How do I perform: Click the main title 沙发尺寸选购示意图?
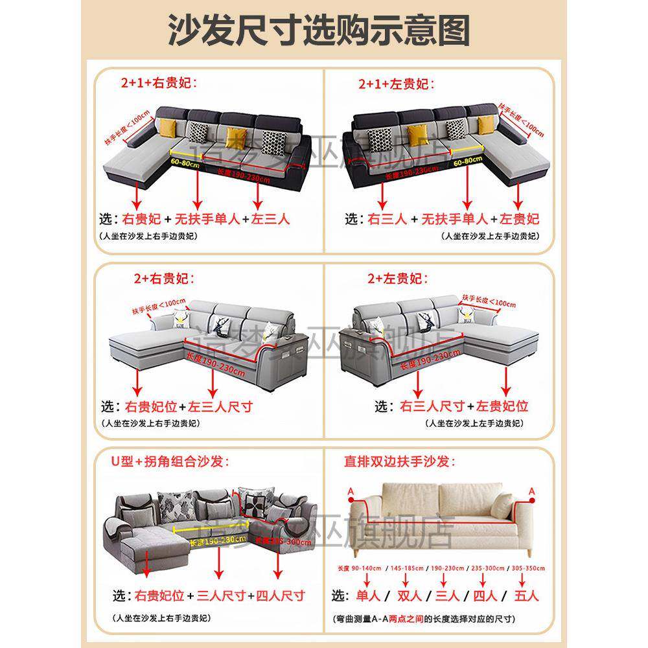pyautogui.click(x=319, y=31)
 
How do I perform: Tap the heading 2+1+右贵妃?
pyautogui.click(x=157, y=82)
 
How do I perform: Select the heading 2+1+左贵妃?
pyautogui.click(x=396, y=84)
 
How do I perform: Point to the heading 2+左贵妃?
pyautogui.click(x=397, y=279)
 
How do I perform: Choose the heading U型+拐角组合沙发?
pyautogui.click(x=170, y=462)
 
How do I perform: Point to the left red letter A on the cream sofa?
pyautogui.click(x=351, y=492)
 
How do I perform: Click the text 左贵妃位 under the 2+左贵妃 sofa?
pyautogui.click(x=503, y=406)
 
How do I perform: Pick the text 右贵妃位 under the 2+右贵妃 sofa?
pyautogui.click(x=150, y=407)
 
